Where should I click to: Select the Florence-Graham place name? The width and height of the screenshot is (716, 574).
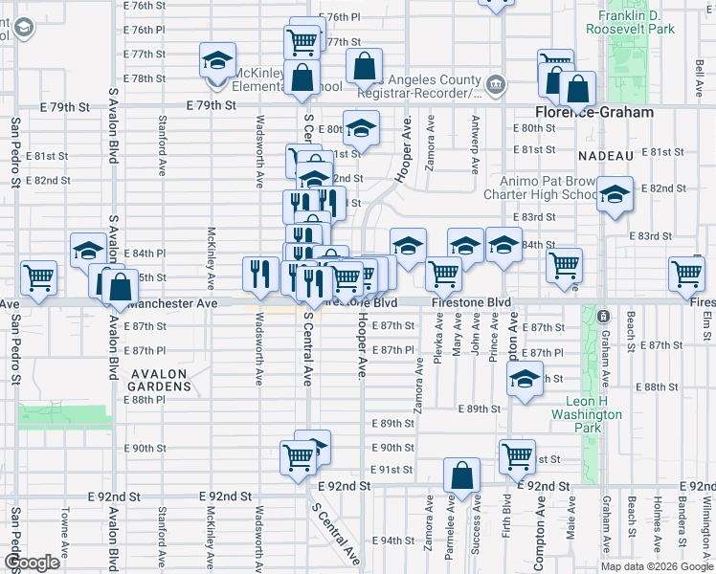pos(593,112)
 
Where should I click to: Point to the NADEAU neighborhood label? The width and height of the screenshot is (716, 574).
pos(606,155)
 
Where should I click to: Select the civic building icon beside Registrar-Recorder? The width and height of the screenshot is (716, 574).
pos(496,85)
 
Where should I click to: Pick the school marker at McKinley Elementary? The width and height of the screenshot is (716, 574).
pos(218,60)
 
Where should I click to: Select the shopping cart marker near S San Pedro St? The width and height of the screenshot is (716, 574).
pos(39,277)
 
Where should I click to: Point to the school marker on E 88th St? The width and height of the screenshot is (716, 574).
pos(525,379)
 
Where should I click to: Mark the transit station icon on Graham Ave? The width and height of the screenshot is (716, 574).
pos(603,316)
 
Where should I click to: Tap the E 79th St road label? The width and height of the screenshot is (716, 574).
pos(211,105)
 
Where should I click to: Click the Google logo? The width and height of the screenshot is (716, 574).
pos(32,563)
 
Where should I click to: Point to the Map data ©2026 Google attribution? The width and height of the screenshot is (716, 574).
pos(657,566)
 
